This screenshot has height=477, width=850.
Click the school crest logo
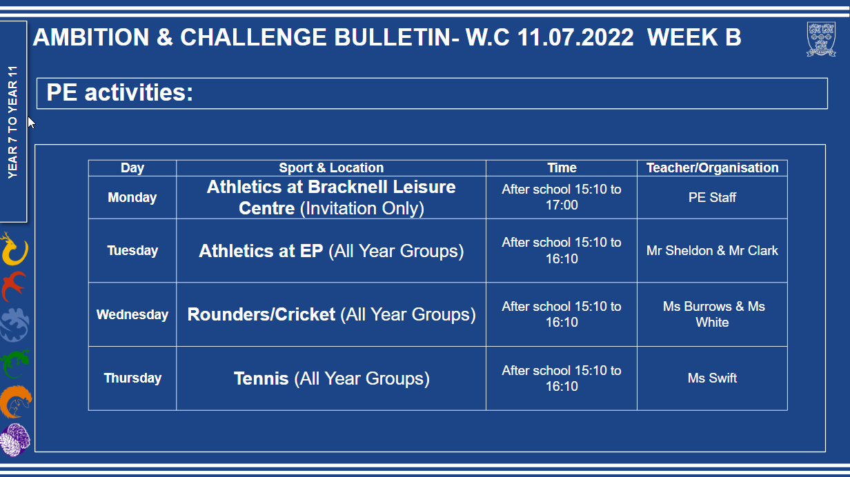coord(821,39)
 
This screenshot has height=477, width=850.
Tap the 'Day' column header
coord(132,168)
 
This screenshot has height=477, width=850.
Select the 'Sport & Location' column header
coord(331,168)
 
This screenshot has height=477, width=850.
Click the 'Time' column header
coord(562,168)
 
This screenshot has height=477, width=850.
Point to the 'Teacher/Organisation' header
coord(712,168)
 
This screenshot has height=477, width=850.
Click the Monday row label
coord(132,197)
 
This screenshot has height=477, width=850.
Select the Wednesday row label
coord(132,314)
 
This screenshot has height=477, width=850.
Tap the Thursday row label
coord(132,378)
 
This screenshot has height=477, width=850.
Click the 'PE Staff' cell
coord(712,197)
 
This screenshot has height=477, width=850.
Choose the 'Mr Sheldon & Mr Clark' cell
coord(712,251)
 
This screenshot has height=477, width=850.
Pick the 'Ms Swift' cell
coord(712,378)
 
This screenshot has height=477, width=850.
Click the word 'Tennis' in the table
coord(261,378)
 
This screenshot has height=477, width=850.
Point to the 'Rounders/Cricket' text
coord(261,314)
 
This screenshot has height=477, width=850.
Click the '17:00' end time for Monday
coord(562,205)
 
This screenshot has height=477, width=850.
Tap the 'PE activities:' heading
coord(119,92)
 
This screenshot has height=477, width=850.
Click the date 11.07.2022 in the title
coord(575,37)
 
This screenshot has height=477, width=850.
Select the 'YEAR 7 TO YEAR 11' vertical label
coord(12,122)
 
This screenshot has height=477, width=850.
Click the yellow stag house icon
coord(14,249)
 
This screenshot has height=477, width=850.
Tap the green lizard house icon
coord(15,364)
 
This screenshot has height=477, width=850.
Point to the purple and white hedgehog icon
coord(14,440)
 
